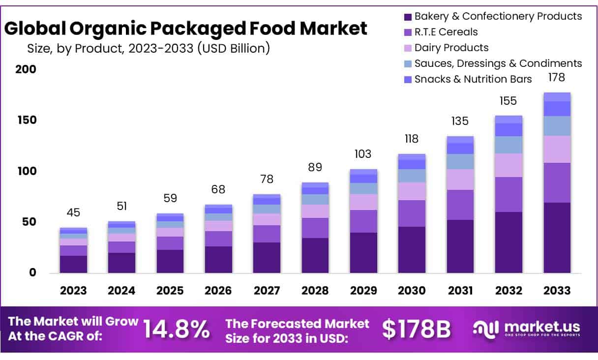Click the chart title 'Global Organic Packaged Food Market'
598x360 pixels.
(186, 29)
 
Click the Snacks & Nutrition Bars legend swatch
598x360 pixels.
(408, 80)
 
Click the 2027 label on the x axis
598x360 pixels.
(267, 291)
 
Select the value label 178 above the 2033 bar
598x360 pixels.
(557, 78)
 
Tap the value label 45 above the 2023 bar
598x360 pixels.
(73, 213)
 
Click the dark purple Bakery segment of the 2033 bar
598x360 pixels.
(557, 238)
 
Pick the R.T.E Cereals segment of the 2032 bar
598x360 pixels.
(508, 194)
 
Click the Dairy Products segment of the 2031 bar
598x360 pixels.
(460, 180)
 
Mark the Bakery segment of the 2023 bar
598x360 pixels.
(73, 264)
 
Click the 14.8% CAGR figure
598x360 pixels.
(177, 329)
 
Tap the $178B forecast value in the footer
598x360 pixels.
(417, 330)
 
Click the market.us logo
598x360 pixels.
(526, 328)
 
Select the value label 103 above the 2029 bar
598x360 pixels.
(363, 154)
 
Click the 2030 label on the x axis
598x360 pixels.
(412, 291)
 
